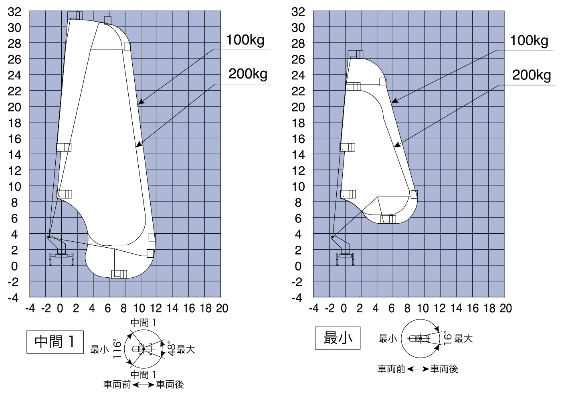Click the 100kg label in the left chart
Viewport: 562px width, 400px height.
coord(245,40)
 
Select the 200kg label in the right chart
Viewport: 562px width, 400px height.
coord(532,75)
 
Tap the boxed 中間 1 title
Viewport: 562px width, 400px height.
coord(55,342)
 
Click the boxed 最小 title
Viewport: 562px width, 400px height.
coord(338,338)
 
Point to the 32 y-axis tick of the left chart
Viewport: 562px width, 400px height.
coord(14,12)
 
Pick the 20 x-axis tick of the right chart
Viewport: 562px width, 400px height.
coord(505,308)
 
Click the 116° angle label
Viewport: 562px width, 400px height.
coord(117,349)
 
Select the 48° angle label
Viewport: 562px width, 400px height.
coord(171,349)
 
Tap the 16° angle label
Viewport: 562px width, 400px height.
coord(448,338)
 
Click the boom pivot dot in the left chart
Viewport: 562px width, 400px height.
coord(49,237)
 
